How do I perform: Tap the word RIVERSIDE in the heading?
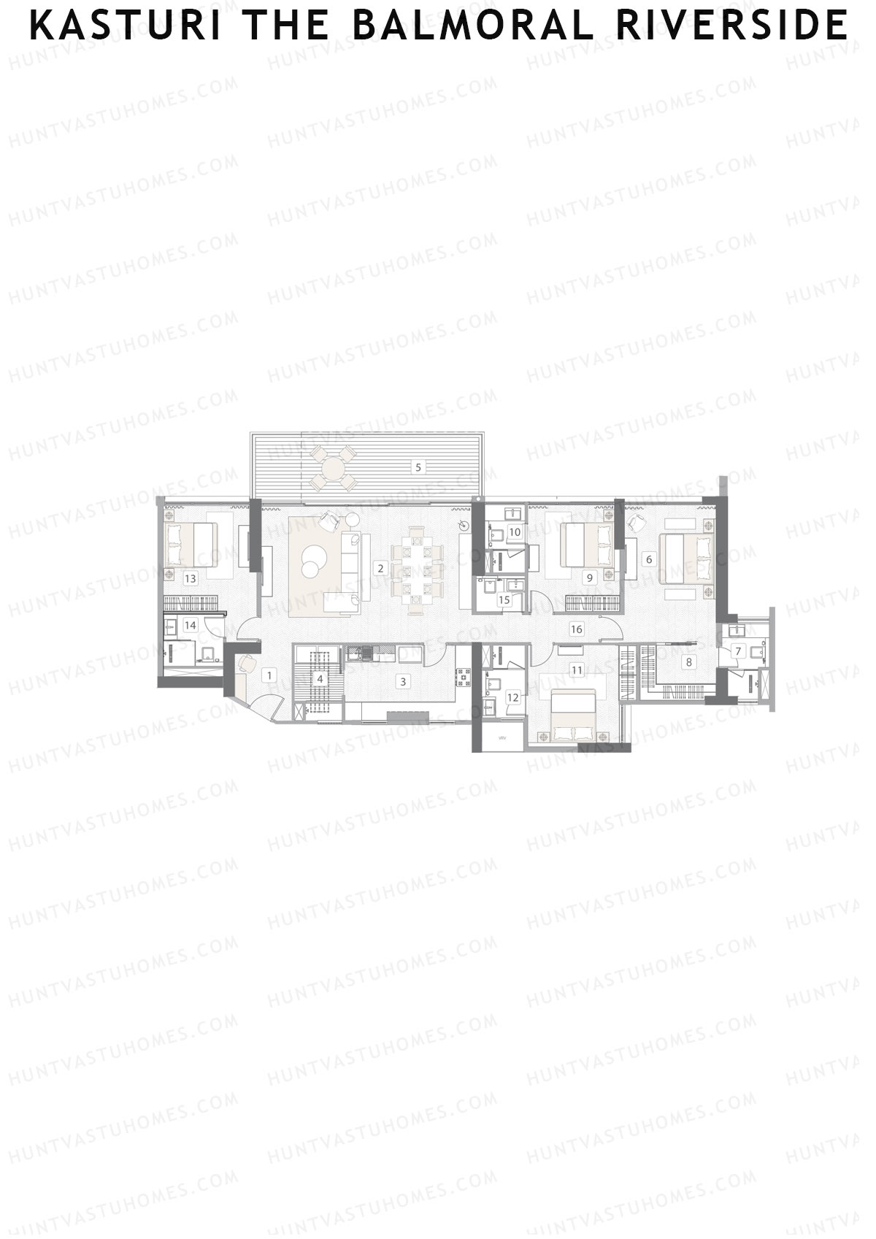731,26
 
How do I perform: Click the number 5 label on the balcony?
418,467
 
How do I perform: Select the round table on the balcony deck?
333,467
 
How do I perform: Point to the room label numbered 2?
380,567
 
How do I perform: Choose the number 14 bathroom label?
191,625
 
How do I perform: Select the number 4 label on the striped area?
319,679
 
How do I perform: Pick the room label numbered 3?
401,682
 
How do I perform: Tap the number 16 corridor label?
577,629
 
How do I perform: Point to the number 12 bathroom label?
512,697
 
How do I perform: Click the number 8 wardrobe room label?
688,662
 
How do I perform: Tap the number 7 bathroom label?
738,651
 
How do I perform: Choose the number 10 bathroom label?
515,532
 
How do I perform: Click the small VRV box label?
502,738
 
